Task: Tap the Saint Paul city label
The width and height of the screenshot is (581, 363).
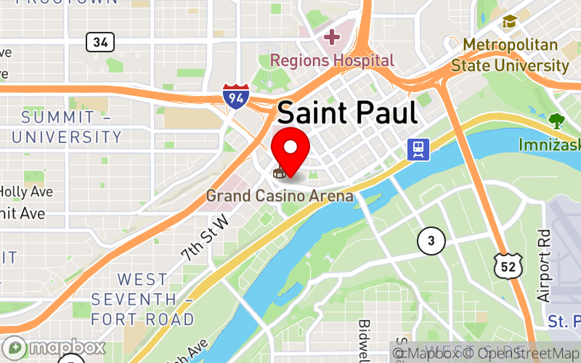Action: (x=347, y=113)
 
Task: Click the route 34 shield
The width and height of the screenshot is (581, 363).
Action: (x=99, y=42)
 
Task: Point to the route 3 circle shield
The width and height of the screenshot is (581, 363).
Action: (x=431, y=240)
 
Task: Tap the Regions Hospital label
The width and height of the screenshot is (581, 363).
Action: (x=332, y=60)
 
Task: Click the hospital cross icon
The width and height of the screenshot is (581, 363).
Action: (x=332, y=36)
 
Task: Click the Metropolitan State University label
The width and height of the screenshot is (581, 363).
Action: (x=510, y=55)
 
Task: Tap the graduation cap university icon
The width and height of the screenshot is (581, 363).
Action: (x=509, y=22)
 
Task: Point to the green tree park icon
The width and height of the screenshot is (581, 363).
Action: (x=556, y=121)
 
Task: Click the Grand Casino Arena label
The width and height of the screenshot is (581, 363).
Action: (x=280, y=196)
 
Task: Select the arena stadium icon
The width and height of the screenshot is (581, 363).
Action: (x=278, y=173)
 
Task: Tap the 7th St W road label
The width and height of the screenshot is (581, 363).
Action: (x=204, y=237)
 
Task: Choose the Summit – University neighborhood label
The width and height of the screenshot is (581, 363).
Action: (x=66, y=127)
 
